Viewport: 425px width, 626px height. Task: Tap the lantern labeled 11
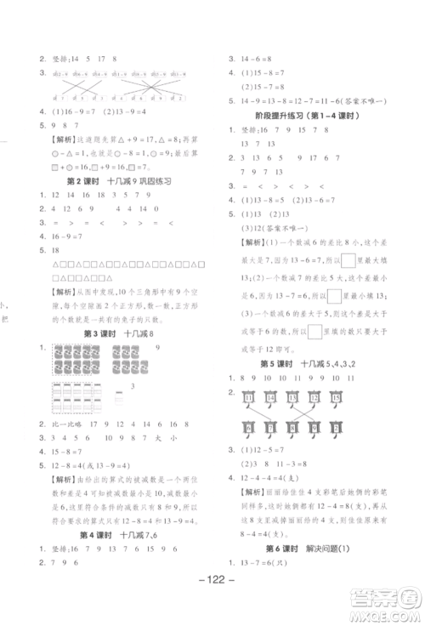[249, 396]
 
